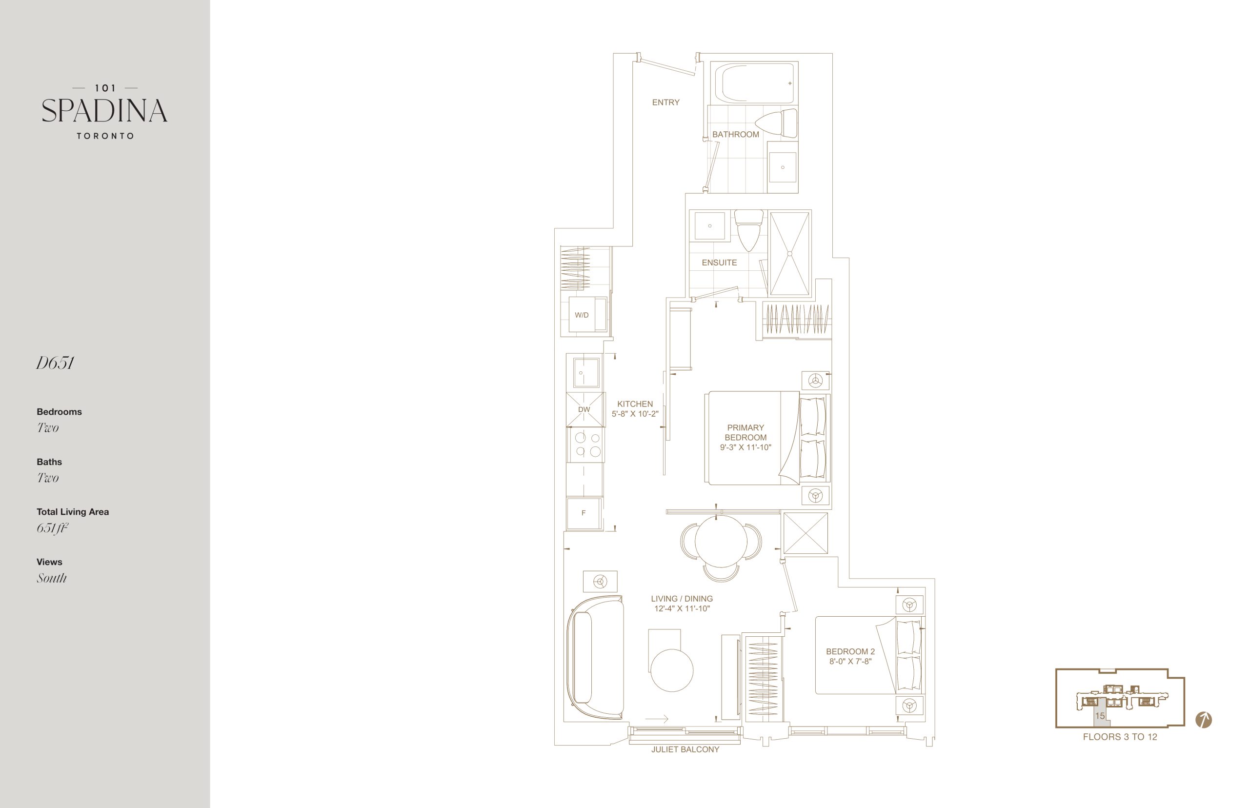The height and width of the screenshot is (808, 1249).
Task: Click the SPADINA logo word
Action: [x=104, y=110]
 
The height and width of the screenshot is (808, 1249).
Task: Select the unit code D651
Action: [x=55, y=363]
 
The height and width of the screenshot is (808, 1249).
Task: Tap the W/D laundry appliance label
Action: [x=582, y=315]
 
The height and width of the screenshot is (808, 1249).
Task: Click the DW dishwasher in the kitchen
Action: [x=584, y=409]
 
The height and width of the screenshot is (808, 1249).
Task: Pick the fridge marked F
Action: [x=584, y=513]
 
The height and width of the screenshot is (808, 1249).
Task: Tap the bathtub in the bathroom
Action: [x=754, y=83]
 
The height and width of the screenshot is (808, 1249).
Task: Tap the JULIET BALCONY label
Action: [x=685, y=750]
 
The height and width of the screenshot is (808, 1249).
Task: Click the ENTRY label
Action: [x=665, y=102]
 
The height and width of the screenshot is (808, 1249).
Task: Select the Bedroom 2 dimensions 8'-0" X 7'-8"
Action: [x=850, y=662]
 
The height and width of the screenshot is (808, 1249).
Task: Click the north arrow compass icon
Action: [x=1203, y=720]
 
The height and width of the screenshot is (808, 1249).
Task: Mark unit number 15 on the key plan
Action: [x=1100, y=716]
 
